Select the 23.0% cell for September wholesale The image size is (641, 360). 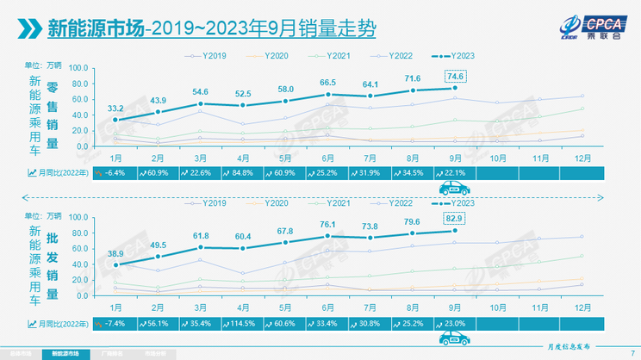[456, 324]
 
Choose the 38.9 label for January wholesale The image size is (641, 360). [115, 255]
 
